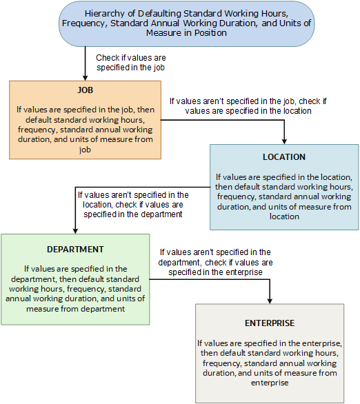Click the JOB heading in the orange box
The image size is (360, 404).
(86, 90)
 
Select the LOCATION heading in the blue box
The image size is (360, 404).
(284, 156)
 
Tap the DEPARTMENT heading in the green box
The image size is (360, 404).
(75, 249)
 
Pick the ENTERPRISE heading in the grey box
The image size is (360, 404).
(269, 323)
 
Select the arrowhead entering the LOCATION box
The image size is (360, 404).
(284, 141)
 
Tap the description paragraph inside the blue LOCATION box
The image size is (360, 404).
(284, 196)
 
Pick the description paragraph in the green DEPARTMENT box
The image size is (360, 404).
(75, 289)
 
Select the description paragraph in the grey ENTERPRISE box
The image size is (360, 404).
(269, 363)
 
